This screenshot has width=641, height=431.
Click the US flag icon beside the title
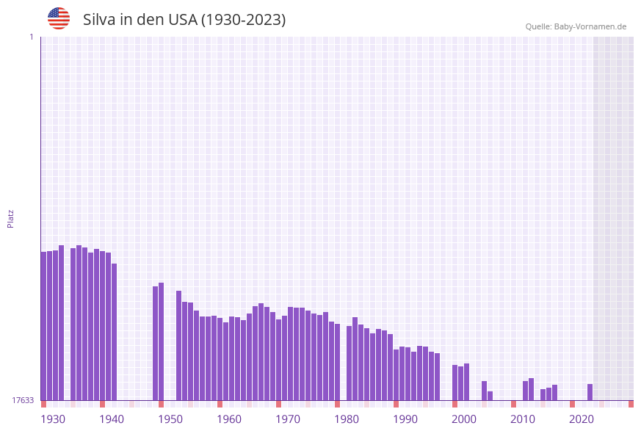click(x=59, y=18)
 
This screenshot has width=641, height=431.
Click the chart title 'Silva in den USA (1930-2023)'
click(x=184, y=20)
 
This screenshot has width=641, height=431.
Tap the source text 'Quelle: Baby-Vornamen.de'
click(x=576, y=26)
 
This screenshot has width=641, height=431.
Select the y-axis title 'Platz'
click(x=11, y=218)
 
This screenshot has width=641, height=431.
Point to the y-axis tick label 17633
click(x=23, y=400)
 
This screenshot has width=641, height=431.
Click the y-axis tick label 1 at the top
click(x=31, y=37)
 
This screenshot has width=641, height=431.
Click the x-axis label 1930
click(x=53, y=419)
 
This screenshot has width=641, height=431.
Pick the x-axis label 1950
click(x=170, y=419)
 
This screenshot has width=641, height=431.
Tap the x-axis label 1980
click(x=347, y=419)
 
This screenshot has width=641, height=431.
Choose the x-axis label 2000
click(x=464, y=419)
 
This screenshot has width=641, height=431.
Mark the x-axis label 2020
click(x=582, y=419)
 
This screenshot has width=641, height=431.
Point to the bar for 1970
click(x=279, y=360)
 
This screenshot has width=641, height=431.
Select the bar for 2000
click(x=455, y=383)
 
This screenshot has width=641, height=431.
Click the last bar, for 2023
click(x=590, y=392)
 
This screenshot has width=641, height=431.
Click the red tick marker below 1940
click(x=103, y=404)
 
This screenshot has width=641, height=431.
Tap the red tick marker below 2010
click(x=514, y=404)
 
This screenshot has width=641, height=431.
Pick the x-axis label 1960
click(x=229, y=419)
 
